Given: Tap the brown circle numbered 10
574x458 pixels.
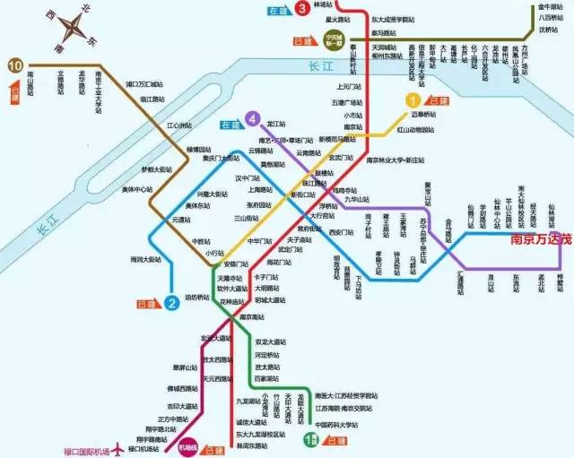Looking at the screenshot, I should click(14, 65).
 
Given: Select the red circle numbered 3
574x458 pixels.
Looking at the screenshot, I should click(304, 9).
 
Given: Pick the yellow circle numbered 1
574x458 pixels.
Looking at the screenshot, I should click(413, 100).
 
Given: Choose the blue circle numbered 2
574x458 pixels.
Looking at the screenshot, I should click(170, 302).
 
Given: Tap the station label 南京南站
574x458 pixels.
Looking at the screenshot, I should click(254, 317).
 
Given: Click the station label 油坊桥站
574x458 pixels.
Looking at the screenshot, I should click(201, 298).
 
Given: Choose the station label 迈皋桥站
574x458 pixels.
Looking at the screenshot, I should click(429, 116).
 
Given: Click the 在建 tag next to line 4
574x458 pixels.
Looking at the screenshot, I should click(230, 124).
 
